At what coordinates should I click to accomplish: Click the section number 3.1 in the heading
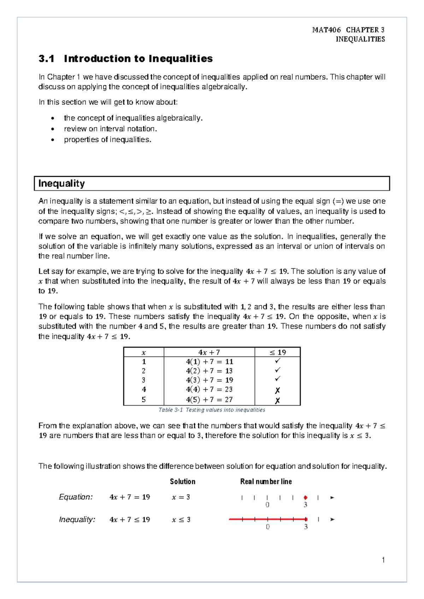coord(46,59)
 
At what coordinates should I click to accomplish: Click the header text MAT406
coord(326,30)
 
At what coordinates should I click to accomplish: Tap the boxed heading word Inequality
coord(61,184)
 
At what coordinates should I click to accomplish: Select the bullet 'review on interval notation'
coord(110,129)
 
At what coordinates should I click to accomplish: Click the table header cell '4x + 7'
coord(209,352)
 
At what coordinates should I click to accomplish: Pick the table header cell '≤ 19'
coord(278,352)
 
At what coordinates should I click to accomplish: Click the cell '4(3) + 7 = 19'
coord(209,380)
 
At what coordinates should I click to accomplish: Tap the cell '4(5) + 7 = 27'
coord(209,400)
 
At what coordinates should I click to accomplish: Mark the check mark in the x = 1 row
coord(277,361)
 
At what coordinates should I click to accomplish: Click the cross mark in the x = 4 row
coord(277,390)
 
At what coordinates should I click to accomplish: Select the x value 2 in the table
coord(143,371)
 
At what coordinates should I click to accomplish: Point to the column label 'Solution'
coord(182,481)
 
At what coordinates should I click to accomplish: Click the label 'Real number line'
coord(266,481)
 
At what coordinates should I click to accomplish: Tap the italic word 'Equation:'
coord(76,497)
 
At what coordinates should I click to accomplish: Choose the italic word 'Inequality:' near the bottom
coord(77,520)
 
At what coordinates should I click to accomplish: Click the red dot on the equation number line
coord(306,498)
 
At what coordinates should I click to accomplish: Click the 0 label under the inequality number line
coord(267,527)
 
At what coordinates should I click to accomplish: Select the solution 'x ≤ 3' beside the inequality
coord(181,520)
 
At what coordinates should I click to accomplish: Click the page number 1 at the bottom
coord(383,560)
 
